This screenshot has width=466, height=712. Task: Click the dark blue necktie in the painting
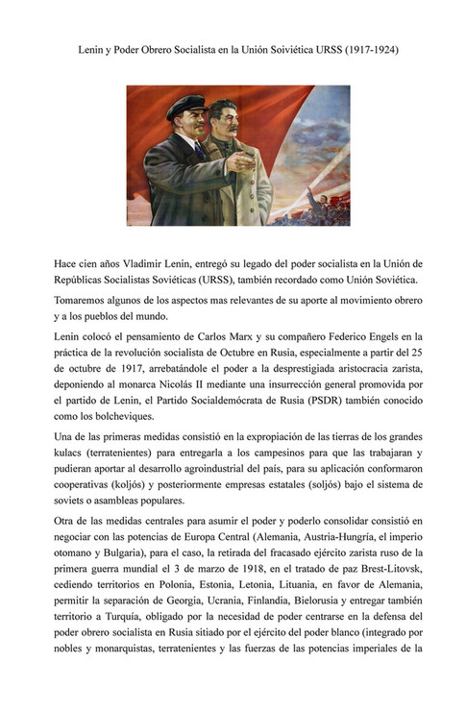199,149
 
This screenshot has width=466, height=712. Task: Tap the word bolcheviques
123,421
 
